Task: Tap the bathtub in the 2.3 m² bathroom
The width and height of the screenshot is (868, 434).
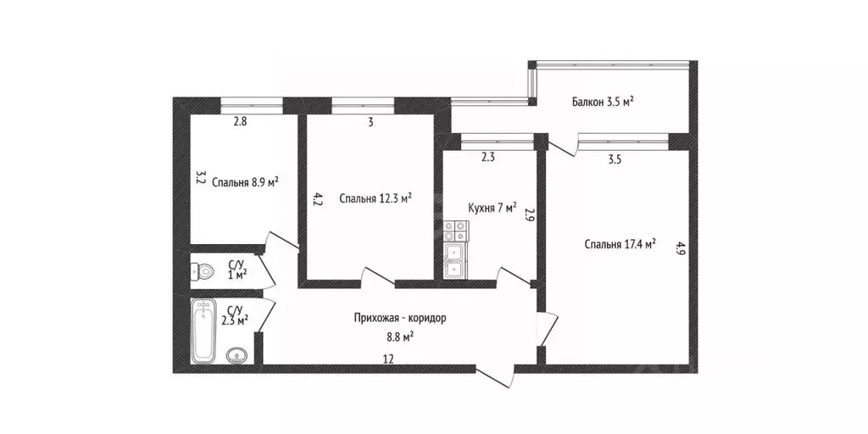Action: point(203,331)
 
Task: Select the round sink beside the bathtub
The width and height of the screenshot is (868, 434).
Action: point(237,355)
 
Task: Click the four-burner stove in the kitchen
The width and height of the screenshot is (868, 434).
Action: point(455,231)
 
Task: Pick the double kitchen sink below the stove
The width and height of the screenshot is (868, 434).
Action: point(455,261)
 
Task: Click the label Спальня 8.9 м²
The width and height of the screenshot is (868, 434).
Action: point(245,183)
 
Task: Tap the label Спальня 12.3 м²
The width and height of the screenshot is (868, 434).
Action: point(376,198)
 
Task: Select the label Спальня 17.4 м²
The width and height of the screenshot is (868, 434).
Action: point(620,243)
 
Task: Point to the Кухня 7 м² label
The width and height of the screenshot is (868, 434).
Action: point(492,208)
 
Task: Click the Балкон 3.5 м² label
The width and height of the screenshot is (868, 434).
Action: point(603,102)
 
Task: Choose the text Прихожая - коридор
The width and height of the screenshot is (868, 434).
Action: point(400,319)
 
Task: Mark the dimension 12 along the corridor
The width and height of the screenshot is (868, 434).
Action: point(388,359)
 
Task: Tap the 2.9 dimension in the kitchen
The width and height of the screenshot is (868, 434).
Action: point(529,214)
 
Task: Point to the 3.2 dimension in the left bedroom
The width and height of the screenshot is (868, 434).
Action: point(201,178)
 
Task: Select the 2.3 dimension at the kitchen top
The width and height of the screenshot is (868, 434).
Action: point(487,157)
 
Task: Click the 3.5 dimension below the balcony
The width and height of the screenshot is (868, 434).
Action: point(615,160)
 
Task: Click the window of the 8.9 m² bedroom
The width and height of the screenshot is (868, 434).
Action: point(252,102)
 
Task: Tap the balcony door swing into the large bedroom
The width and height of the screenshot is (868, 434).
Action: point(563,143)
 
